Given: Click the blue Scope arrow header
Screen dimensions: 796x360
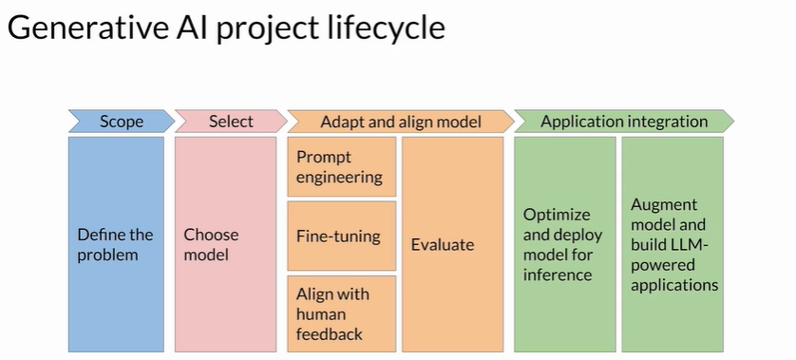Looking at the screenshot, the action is tap(122, 122).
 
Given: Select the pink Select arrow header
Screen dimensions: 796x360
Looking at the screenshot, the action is tap(231, 122).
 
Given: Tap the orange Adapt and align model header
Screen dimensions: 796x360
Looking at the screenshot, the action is tap(401, 122).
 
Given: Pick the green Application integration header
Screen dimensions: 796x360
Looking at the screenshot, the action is tap(624, 122).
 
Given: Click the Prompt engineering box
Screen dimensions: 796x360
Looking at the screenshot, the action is tap(342, 166).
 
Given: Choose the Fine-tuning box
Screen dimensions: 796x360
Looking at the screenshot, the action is tap(342, 237).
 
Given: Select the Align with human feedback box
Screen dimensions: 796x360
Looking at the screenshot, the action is tap(342, 313).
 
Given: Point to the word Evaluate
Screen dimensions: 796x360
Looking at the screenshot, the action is tap(443, 245).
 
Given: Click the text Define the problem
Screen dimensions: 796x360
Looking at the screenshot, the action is tap(115, 244).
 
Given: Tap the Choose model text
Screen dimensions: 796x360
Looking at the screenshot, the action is tap(211, 244).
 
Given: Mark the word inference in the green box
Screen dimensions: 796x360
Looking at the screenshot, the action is tap(558, 275).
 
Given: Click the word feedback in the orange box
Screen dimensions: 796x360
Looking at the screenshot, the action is tap(330, 333).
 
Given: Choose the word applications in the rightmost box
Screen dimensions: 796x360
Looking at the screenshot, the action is tap(674, 285).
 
